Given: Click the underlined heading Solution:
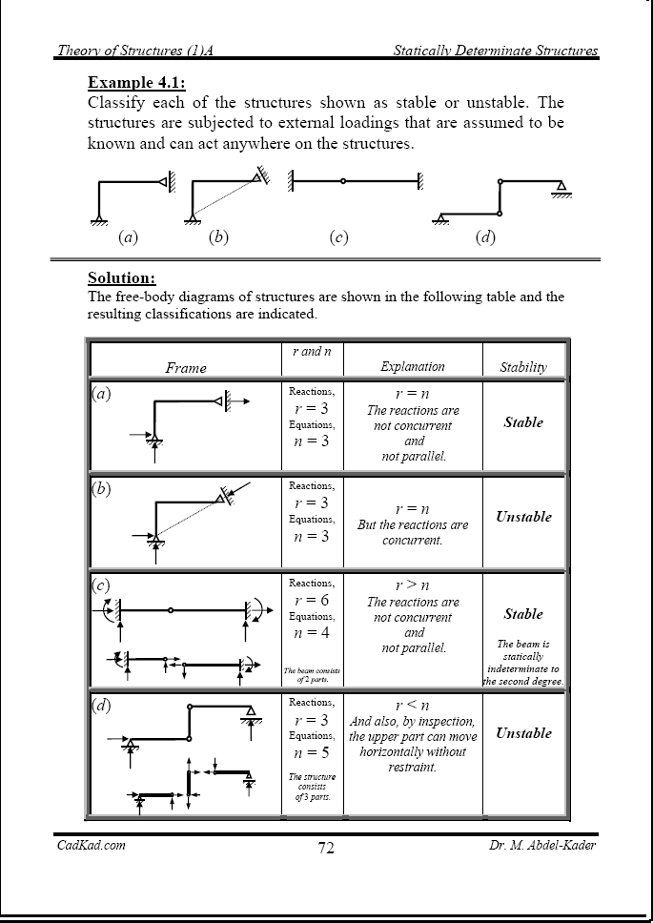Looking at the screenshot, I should pyautogui.click(x=121, y=277).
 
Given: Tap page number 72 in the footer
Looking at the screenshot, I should pyautogui.click(x=326, y=849).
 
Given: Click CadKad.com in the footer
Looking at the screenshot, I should pyautogui.click(x=91, y=845).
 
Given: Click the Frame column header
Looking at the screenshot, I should pyautogui.click(x=186, y=367).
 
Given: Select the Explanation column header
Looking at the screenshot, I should pyautogui.click(x=413, y=366).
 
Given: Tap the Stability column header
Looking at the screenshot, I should pyautogui.click(x=523, y=367).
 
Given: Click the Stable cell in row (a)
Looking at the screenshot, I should pyautogui.click(x=523, y=422).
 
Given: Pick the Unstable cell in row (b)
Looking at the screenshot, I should pyautogui.click(x=523, y=517).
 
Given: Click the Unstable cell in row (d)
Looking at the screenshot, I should pyautogui.click(x=523, y=733).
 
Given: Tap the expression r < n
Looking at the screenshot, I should pyautogui.click(x=413, y=705).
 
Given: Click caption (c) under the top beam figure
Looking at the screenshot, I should pyautogui.click(x=337, y=237).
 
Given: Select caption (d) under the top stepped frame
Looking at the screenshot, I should pyautogui.click(x=485, y=237).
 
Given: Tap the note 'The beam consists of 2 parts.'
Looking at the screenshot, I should pyautogui.click(x=312, y=676).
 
